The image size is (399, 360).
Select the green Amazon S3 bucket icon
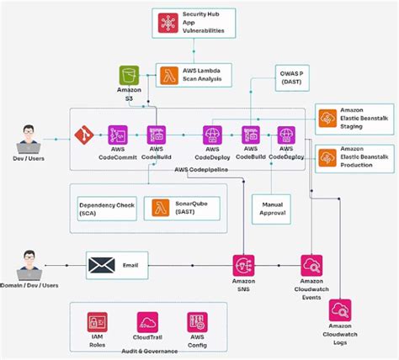click(x=130, y=77)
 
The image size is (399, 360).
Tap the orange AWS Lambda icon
click(x=169, y=75)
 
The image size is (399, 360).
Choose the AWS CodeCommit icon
click(x=117, y=134)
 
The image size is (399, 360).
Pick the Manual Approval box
click(x=271, y=209)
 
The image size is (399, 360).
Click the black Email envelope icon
click(x=102, y=266)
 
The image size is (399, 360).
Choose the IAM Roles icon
click(x=98, y=323)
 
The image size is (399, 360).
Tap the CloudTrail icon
click(x=147, y=323)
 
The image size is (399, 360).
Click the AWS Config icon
click(x=197, y=323)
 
